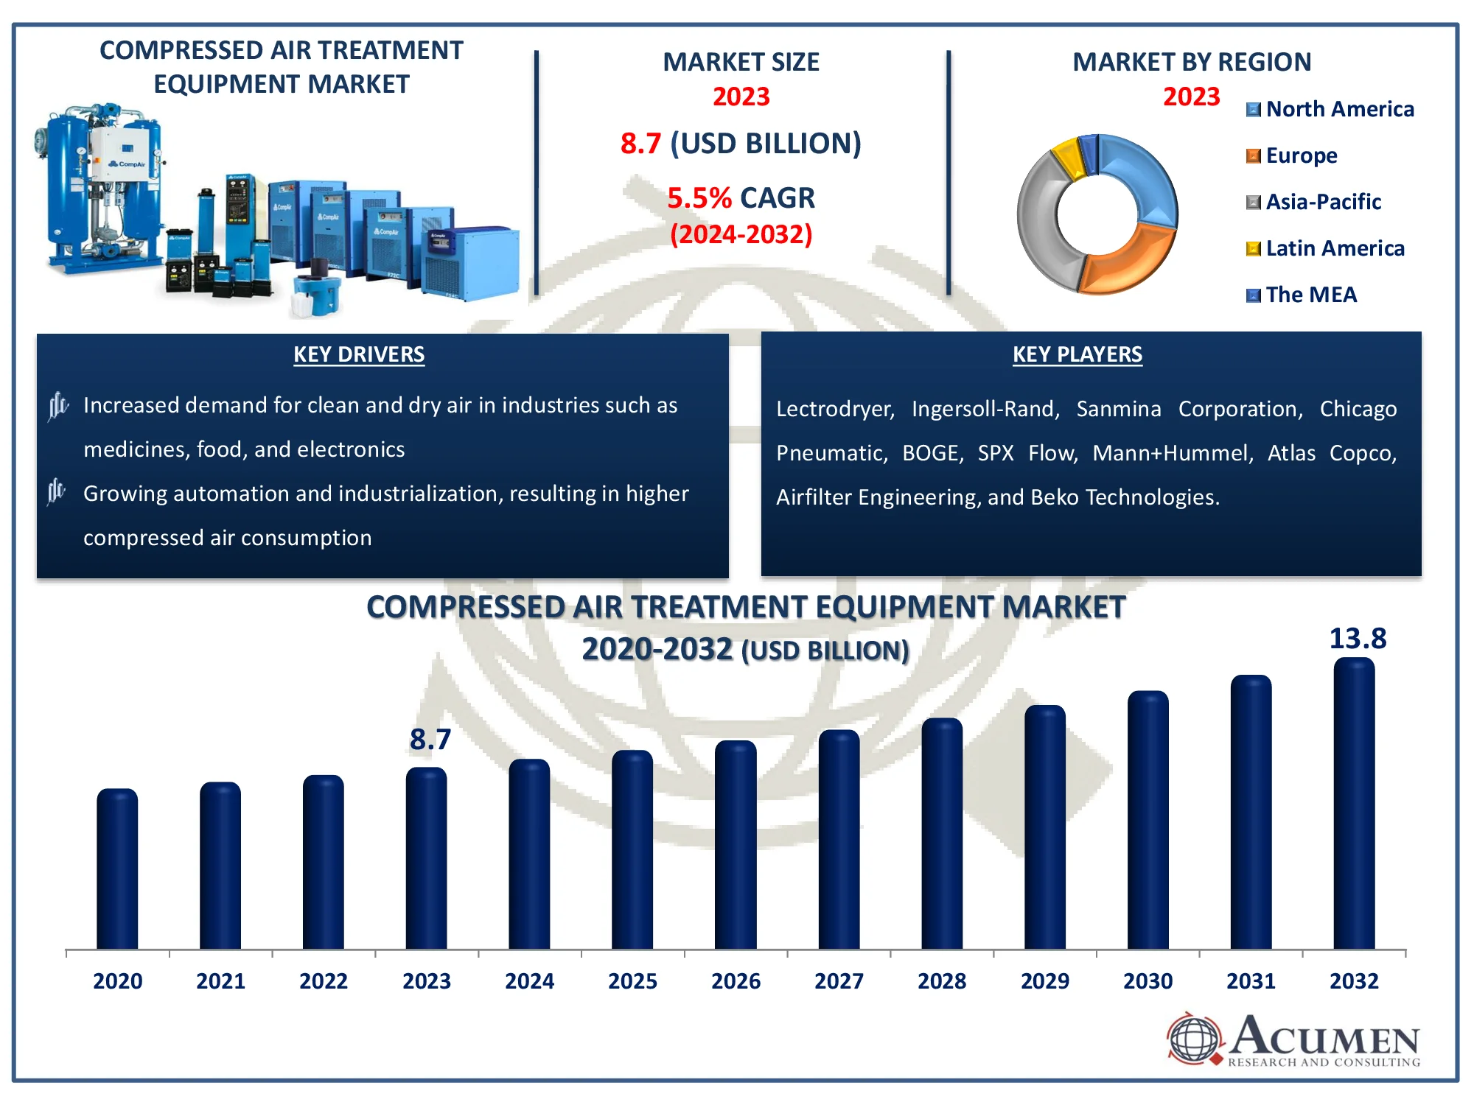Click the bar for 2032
coord(1354,803)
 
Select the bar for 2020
coord(117,869)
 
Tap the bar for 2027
coord(839,839)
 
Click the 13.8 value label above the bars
coord(1358,638)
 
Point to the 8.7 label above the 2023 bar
coord(430,739)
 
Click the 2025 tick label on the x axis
coord(632,981)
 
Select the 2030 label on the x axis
coord(1148,981)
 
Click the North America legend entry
coord(1330,109)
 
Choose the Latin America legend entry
coord(1325,248)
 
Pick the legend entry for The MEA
coord(1302,295)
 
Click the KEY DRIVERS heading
coord(359,354)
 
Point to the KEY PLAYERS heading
coord(1077,354)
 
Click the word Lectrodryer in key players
coord(835,409)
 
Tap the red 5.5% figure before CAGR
coord(699,197)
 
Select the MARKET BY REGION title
coord(1192,62)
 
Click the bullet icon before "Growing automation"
coord(57,491)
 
